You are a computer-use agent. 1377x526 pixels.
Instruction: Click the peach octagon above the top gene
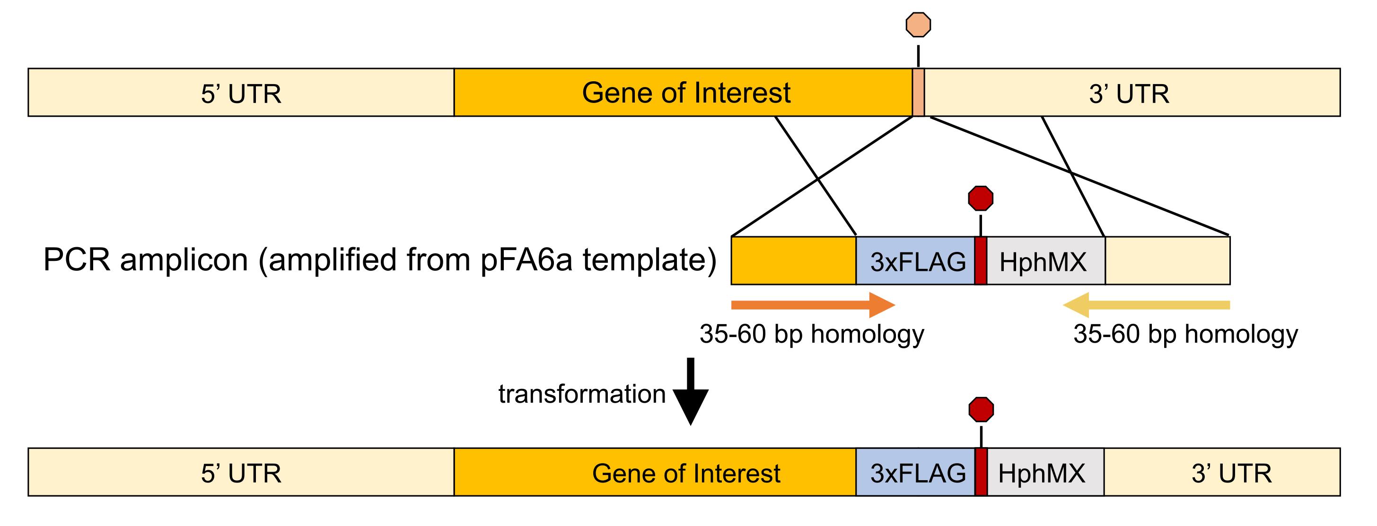[x=918, y=25]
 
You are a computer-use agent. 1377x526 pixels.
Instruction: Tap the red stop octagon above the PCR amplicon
[x=981, y=198]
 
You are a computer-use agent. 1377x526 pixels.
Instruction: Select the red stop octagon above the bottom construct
[x=982, y=410]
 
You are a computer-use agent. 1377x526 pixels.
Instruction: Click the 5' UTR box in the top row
[x=241, y=92]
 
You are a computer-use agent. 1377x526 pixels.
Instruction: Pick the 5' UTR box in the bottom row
[x=241, y=472]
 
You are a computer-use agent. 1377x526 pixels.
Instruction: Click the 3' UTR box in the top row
[x=1132, y=92]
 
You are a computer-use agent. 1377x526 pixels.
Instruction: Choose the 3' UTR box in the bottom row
[x=1222, y=472]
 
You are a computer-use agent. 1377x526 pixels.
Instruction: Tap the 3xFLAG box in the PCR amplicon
[x=916, y=260]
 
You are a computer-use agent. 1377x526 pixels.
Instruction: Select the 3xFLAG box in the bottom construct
[x=916, y=472]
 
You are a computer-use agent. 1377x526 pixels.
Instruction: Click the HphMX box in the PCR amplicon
[x=1045, y=260]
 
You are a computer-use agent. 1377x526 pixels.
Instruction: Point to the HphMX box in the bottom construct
[x=1045, y=472]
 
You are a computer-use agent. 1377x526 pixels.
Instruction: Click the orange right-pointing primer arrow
[x=813, y=305]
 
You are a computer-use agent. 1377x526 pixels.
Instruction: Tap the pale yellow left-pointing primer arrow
[x=1147, y=305]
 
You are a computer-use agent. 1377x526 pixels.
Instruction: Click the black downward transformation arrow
[x=691, y=391]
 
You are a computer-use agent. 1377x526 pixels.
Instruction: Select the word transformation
[x=581, y=394]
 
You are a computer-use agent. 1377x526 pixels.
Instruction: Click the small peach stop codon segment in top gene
[x=918, y=92]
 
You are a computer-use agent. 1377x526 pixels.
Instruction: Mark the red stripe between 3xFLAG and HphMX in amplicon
[x=981, y=260]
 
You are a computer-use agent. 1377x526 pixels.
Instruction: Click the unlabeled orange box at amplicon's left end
[x=794, y=260]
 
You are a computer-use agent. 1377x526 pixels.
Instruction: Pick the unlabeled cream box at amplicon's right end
[x=1167, y=260]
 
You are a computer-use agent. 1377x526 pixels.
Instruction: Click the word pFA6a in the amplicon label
[x=526, y=260]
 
